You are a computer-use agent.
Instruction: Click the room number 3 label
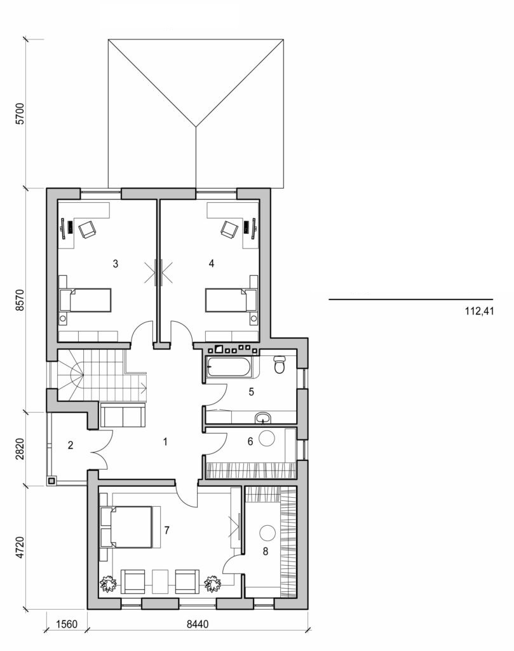coord(114,263)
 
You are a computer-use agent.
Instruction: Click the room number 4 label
coord(211,263)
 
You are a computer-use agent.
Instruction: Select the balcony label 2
coord(71,445)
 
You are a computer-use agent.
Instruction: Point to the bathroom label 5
coord(252,392)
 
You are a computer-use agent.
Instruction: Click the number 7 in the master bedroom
coord(166,530)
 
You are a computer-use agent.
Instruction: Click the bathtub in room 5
coord(229,367)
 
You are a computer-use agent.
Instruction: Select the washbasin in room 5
coord(264,418)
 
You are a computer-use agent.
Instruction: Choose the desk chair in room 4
coord(228,228)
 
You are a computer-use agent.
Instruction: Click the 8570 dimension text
coord(22,300)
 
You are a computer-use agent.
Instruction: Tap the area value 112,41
coord(480,312)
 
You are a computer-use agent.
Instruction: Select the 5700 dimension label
coord(22,113)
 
